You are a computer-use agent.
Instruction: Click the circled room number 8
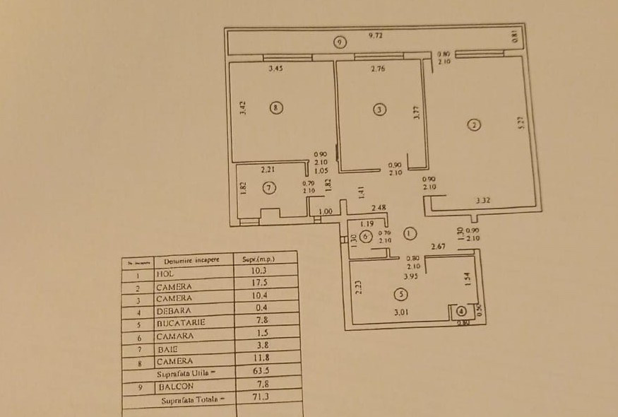point(276,108)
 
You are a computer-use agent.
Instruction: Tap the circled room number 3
point(380,109)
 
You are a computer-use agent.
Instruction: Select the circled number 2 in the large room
point(474,125)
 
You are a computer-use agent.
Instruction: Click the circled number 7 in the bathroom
point(268,187)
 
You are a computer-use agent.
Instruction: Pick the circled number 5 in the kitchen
point(400,295)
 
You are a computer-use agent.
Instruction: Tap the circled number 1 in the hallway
point(410,233)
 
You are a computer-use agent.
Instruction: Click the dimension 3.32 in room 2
point(484,201)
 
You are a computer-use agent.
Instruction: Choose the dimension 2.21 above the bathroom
point(268,170)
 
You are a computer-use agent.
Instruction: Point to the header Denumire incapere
point(187,260)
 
